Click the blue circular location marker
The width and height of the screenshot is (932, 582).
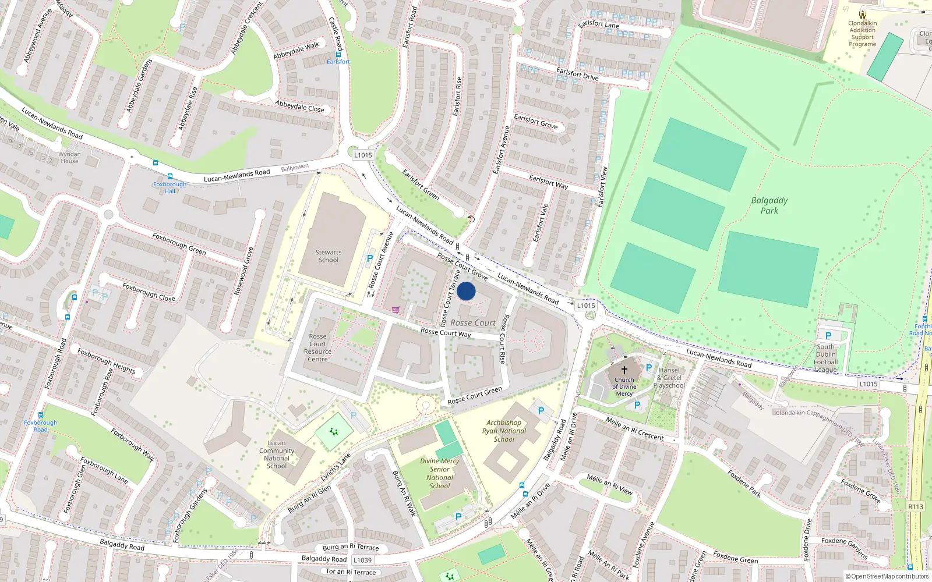click(x=466, y=291)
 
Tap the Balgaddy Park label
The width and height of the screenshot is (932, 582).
click(x=769, y=205)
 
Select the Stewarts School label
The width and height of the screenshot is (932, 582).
click(x=329, y=256)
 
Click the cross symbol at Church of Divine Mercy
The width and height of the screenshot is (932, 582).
click(x=624, y=370)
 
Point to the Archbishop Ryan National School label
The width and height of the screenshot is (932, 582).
click(x=504, y=431)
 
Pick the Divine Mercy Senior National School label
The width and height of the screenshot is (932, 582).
click(x=440, y=473)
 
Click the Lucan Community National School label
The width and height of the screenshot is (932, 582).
click(x=277, y=455)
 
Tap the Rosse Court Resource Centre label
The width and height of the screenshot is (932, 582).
click(x=317, y=347)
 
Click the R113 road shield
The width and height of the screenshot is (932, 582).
click(x=915, y=506)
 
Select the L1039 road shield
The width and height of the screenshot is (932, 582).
click(x=362, y=560)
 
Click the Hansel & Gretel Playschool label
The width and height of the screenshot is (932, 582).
click(x=669, y=378)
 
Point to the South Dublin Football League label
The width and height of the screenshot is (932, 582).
click(x=825, y=358)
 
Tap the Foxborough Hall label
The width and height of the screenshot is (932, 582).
click(x=170, y=187)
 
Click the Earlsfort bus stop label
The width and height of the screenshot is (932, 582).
click(x=338, y=62)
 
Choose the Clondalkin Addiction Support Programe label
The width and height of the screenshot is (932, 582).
click(x=862, y=34)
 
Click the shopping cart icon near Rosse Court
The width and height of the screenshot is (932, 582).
click(x=396, y=310)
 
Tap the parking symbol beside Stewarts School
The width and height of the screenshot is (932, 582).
click(x=369, y=258)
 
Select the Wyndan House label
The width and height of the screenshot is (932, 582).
click(x=69, y=158)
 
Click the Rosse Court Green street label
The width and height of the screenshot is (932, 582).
click(x=475, y=396)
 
